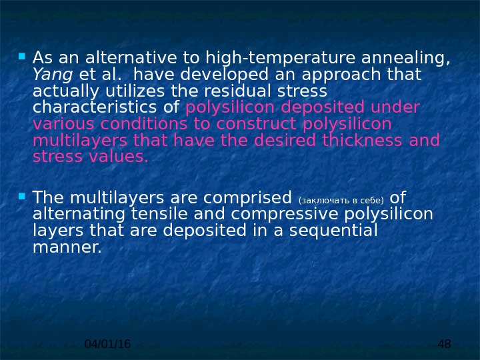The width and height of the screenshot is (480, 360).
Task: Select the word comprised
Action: (253, 197)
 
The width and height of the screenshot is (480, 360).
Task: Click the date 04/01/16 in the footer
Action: (108, 343)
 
